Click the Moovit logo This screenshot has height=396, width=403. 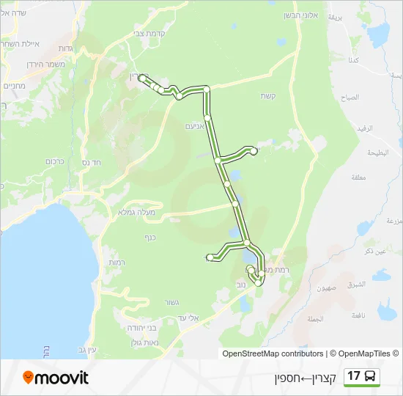56,378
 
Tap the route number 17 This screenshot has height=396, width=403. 355,376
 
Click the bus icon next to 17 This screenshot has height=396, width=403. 371,376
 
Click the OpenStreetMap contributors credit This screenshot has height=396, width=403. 273,353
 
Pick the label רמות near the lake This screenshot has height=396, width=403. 118,262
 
